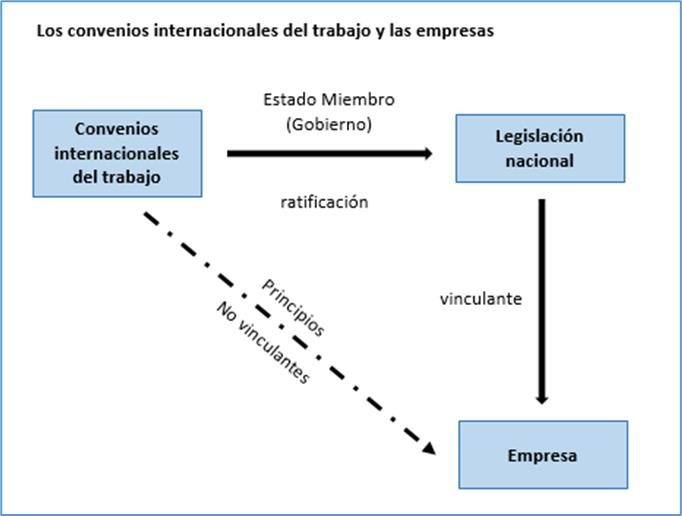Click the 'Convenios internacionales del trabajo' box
(x=117, y=154)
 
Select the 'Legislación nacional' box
(x=540, y=148)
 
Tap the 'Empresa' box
(x=543, y=455)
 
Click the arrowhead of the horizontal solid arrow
(x=428, y=153)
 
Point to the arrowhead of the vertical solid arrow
(x=542, y=399)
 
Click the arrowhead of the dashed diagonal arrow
(x=429, y=449)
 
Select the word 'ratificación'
(x=324, y=202)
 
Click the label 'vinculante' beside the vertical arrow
(x=481, y=299)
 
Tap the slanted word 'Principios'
(x=293, y=308)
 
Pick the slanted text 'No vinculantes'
(x=264, y=343)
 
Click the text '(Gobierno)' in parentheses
(x=329, y=124)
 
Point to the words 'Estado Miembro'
(x=329, y=100)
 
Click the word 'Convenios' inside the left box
(x=117, y=129)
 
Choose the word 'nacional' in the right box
(x=540, y=161)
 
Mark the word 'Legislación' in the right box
(x=539, y=137)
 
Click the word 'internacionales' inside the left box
(x=117, y=154)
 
